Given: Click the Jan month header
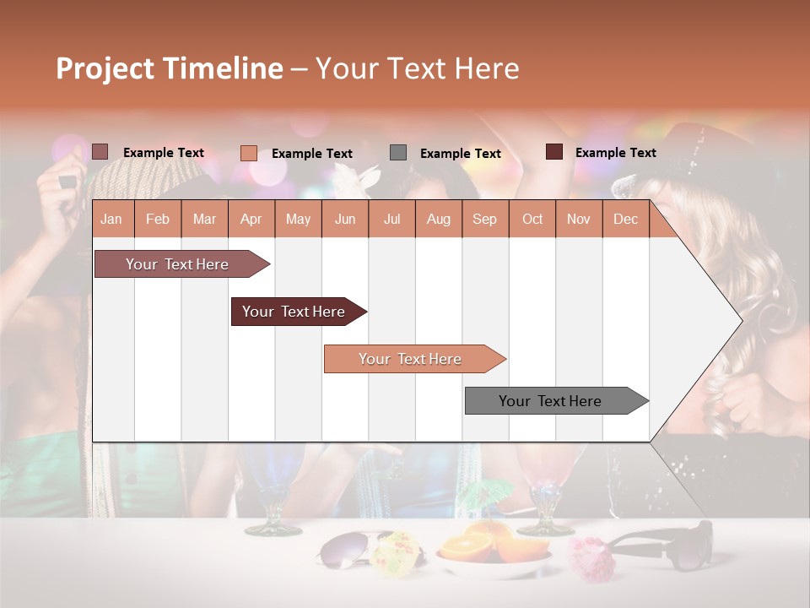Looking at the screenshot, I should [x=112, y=219].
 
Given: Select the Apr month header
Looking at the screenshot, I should [x=251, y=219].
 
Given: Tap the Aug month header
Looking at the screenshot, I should [x=438, y=219].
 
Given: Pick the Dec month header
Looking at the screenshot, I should [x=625, y=219].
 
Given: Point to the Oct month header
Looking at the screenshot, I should [x=532, y=219].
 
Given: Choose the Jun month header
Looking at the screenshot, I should [x=345, y=219].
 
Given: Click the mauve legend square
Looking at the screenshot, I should [x=100, y=152].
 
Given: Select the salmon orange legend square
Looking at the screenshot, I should [x=248, y=153].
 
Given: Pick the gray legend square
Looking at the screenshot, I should [x=398, y=153].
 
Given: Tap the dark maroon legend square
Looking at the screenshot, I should [x=554, y=152].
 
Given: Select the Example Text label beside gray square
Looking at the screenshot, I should [x=460, y=154].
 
